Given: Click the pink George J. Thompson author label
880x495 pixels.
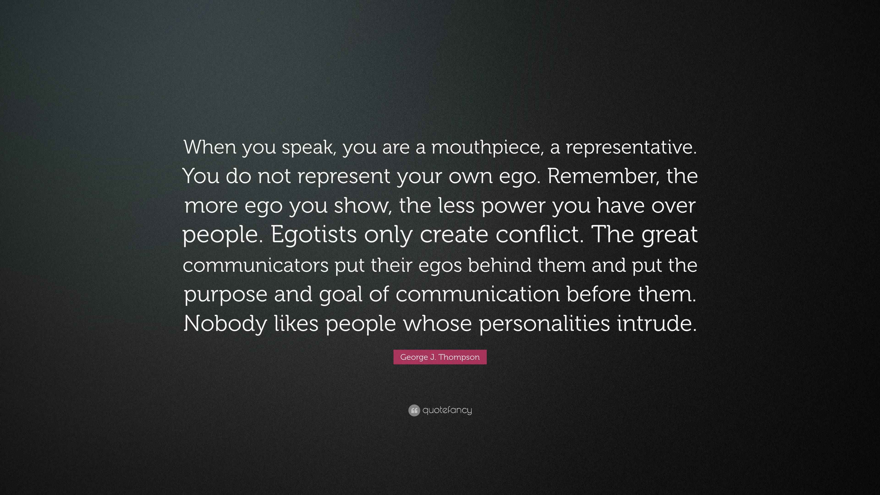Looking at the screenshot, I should coord(440,357).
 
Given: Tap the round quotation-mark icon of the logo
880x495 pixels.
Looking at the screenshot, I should coord(414,410).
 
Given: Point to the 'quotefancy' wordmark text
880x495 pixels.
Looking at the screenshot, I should coord(447,410).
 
